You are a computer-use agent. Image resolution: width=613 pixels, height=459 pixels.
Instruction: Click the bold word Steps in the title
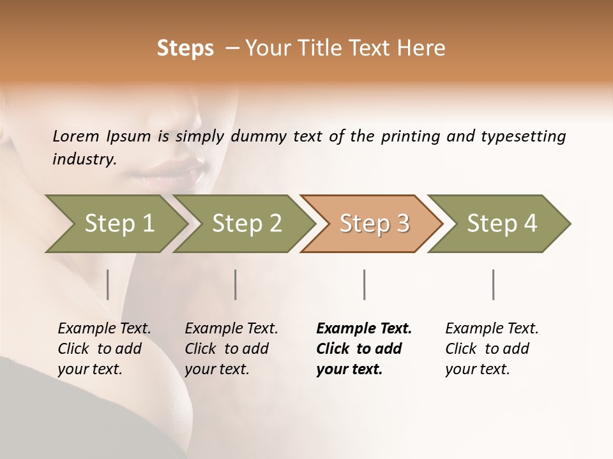click(x=185, y=48)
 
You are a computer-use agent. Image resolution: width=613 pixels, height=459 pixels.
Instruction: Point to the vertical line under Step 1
click(x=108, y=284)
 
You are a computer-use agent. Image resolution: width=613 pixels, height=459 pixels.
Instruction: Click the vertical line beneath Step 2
click(x=236, y=284)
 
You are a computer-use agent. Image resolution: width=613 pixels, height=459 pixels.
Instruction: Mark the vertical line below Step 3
click(x=364, y=284)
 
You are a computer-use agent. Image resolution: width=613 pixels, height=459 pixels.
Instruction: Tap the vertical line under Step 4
click(x=493, y=284)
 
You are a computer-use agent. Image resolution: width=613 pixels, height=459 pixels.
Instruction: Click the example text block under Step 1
click(x=103, y=349)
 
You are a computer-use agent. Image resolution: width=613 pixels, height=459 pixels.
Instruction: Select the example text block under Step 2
click(x=231, y=349)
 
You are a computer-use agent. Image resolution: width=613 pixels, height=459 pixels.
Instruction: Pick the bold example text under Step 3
click(x=363, y=349)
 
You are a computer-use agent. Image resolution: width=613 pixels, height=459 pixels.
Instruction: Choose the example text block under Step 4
click(x=491, y=349)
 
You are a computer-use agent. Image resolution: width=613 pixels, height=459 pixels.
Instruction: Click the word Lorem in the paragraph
click(x=76, y=136)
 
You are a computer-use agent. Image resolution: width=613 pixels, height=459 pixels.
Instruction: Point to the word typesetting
click(x=523, y=136)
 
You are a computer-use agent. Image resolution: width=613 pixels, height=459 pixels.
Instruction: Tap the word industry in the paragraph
click(x=84, y=159)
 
